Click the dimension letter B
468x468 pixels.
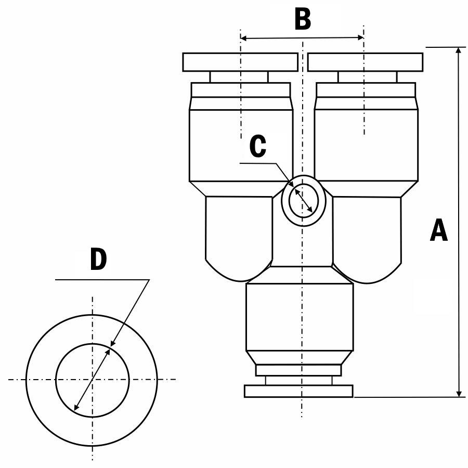coord(302,20)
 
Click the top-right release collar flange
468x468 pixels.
coord(365,62)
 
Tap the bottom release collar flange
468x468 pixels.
coord(298,391)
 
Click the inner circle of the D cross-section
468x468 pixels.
coord(93,379)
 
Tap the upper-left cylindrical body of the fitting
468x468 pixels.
coord(241,146)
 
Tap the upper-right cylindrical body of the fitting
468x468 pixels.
coord(366,146)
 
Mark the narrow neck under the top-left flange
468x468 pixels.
coord(239,77)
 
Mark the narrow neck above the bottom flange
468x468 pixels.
coord(298,380)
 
